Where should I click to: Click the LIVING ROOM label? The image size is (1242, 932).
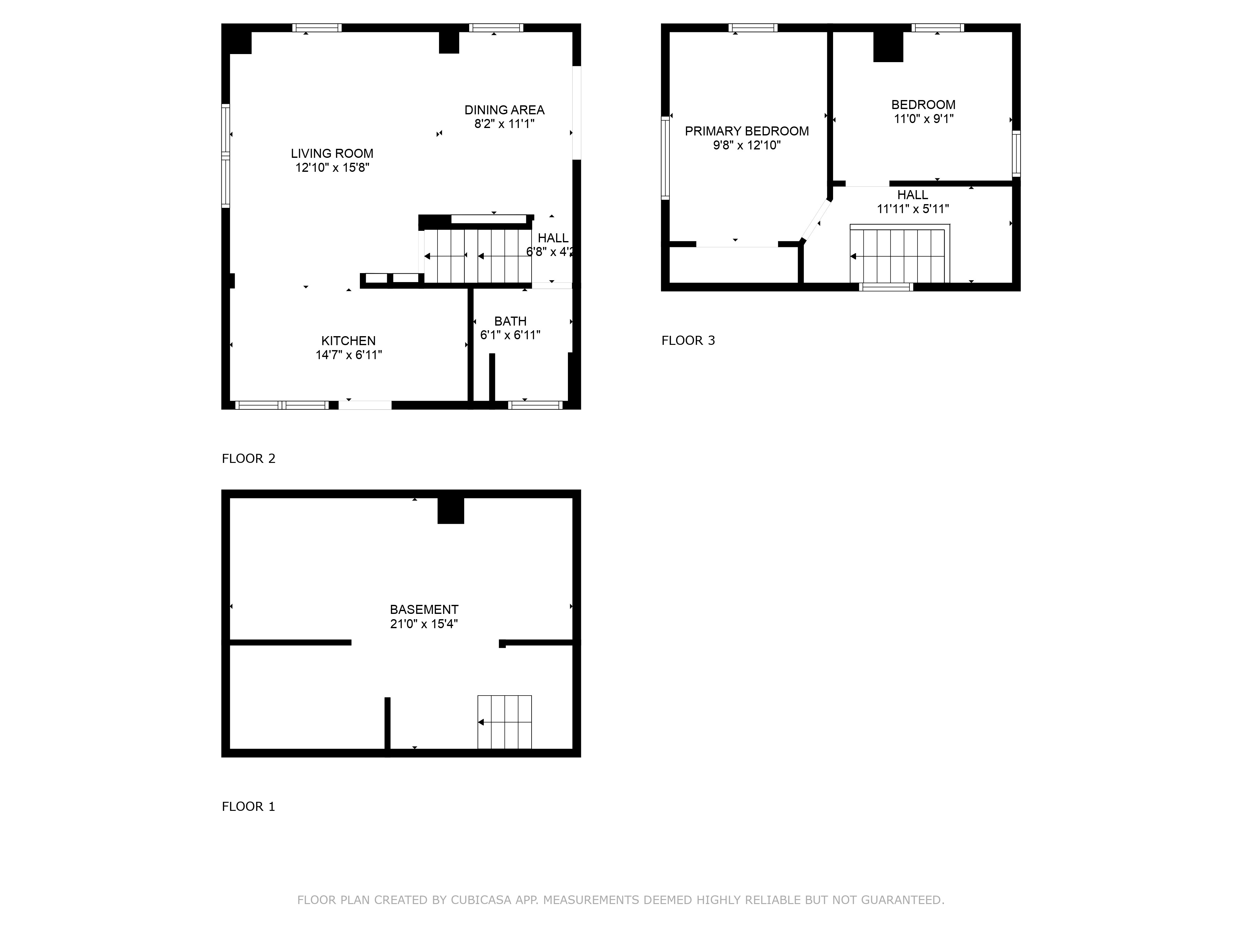[x=332, y=153]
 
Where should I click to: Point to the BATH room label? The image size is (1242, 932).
[x=510, y=321]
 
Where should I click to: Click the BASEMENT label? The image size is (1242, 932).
[x=424, y=610]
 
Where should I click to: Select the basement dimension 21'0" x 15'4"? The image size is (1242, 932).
[x=424, y=624]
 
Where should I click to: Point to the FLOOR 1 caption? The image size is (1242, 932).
[x=248, y=807]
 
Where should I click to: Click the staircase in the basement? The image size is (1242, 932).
[x=504, y=722]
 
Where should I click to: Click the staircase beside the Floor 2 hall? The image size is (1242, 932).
[x=477, y=256]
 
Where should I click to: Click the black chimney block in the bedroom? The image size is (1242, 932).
[x=888, y=46]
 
